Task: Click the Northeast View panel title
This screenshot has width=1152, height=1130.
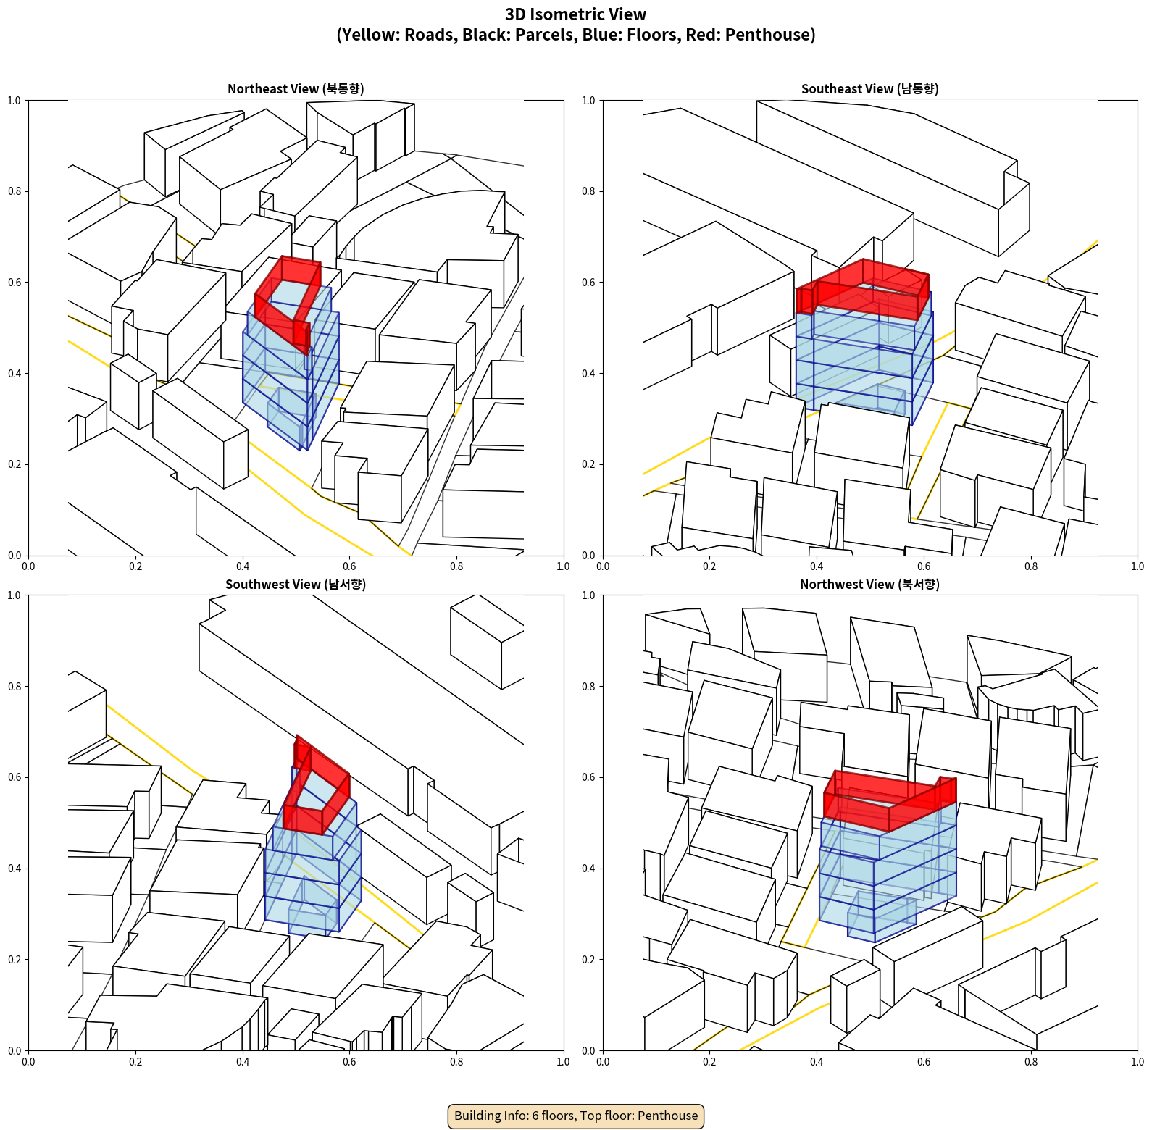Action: point(296,89)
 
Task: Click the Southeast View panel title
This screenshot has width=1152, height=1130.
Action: point(869,89)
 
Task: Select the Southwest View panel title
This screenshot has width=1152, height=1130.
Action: point(296,585)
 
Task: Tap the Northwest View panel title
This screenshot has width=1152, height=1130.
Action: point(869,585)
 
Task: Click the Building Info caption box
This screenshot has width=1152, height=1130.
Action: point(576,1116)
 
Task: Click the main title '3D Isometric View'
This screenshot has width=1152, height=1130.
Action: point(575,14)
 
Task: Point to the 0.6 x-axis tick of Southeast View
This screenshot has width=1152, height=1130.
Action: point(924,566)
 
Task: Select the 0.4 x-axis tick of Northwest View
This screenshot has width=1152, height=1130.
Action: point(817,1062)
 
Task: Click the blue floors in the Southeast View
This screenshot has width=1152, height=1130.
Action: point(862,362)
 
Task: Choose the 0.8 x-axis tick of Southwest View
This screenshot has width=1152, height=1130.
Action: point(456,1062)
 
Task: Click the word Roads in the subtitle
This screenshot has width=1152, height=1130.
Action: point(430,35)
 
